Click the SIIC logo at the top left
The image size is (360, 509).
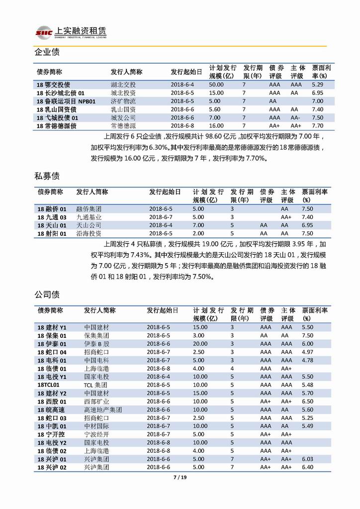click(x=43, y=31)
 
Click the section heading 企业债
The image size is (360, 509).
click(x=47, y=52)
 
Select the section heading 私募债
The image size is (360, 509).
click(x=47, y=176)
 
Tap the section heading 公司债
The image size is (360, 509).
click(x=47, y=294)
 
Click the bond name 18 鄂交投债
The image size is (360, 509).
click(x=53, y=85)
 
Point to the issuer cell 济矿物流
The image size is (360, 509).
click(x=122, y=101)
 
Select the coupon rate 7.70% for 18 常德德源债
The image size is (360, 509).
click(x=318, y=126)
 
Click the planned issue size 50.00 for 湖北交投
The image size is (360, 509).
click(x=216, y=85)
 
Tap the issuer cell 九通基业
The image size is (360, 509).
click(x=89, y=217)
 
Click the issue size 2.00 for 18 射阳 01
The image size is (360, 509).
click(x=198, y=233)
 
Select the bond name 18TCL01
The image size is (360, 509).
click(x=48, y=385)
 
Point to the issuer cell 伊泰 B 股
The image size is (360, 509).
click(x=96, y=344)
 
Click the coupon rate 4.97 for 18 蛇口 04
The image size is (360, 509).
click(x=308, y=352)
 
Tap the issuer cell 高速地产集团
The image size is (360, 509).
click(x=103, y=409)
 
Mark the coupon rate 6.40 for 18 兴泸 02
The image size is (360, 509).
click(x=308, y=467)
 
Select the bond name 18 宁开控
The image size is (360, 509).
click(x=52, y=434)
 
